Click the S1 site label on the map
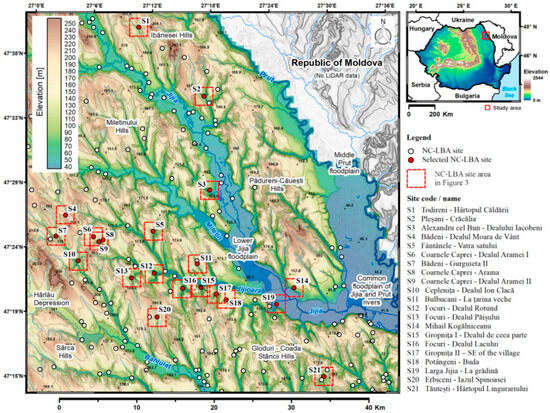[x=145, y=19]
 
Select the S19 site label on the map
[x=268, y=299]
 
